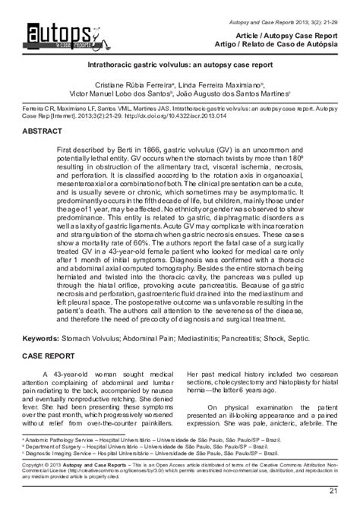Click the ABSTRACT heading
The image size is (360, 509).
coord(48,131)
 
